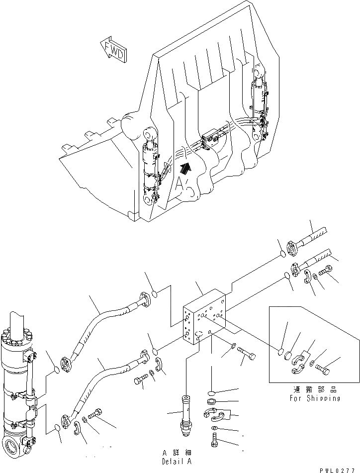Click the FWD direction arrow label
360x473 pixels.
[113, 50]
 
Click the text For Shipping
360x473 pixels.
[315, 398]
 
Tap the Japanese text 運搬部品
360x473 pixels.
[315, 390]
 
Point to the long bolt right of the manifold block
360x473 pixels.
[247, 355]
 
